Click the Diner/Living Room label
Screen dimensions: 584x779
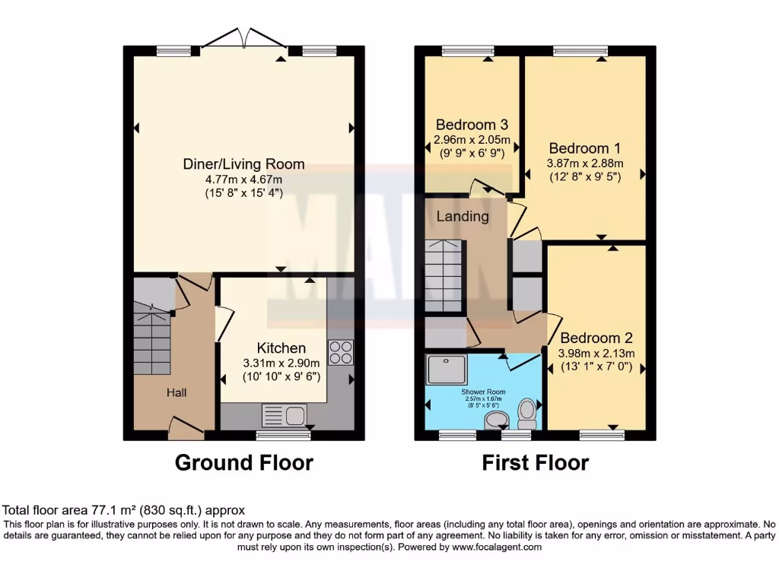coord(243,164)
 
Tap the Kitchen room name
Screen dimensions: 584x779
coord(281,348)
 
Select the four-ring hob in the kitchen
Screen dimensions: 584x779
coord(340,353)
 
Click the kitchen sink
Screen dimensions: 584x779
coord(283,415)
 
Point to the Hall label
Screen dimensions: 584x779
coord(176,392)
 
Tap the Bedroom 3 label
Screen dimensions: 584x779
coord(472,125)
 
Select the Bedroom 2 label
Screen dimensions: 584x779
coord(596,338)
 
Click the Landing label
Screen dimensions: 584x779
coord(463,217)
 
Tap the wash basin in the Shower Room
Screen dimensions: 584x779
coord(496,419)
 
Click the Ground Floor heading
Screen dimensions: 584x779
coord(243,462)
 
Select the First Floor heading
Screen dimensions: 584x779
coord(535,462)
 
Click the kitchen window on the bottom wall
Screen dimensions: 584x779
coord(283,435)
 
